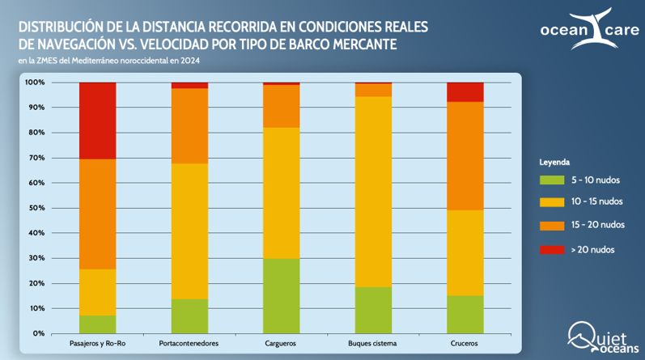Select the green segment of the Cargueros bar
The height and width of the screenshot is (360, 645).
pyautogui.click(x=282, y=295)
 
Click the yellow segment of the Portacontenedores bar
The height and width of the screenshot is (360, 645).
pyautogui.click(x=189, y=231)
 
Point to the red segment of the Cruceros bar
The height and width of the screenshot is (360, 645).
pyautogui.click(x=465, y=91)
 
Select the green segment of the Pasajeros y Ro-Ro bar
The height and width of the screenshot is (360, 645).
pyautogui.click(x=97, y=324)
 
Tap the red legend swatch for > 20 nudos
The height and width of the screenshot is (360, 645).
pyautogui.click(x=550, y=249)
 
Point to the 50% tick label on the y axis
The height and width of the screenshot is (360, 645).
pyautogui.click(x=34, y=208)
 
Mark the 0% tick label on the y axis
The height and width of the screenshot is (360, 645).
pyautogui.click(x=36, y=333)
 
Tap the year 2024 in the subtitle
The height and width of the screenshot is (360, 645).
pyautogui.click(x=191, y=61)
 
